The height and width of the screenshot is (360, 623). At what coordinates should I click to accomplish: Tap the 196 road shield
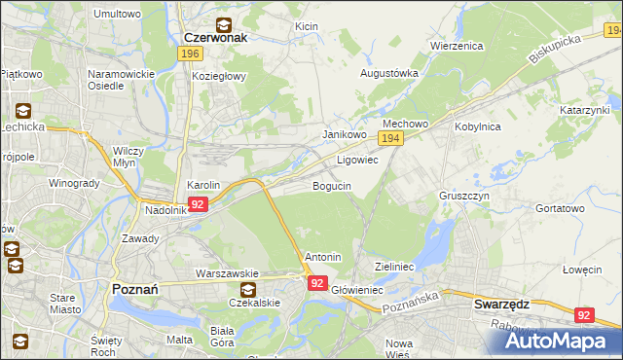[x=191, y=54]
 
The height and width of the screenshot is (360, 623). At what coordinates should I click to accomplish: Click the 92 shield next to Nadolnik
[x=198, y=204]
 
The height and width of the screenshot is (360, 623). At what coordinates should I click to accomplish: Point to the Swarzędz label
[x=501, y=304]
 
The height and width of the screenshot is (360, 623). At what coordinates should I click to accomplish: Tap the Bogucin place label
[x=331, y=185]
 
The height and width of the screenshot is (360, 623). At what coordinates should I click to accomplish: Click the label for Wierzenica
[x=458, y=46]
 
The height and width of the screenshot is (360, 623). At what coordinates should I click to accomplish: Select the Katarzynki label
[x=585, y=111]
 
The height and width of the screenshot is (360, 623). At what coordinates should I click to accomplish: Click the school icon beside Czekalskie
[x=248, y=289]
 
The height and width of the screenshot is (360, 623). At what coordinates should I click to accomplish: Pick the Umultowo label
[x=116, y=15]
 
